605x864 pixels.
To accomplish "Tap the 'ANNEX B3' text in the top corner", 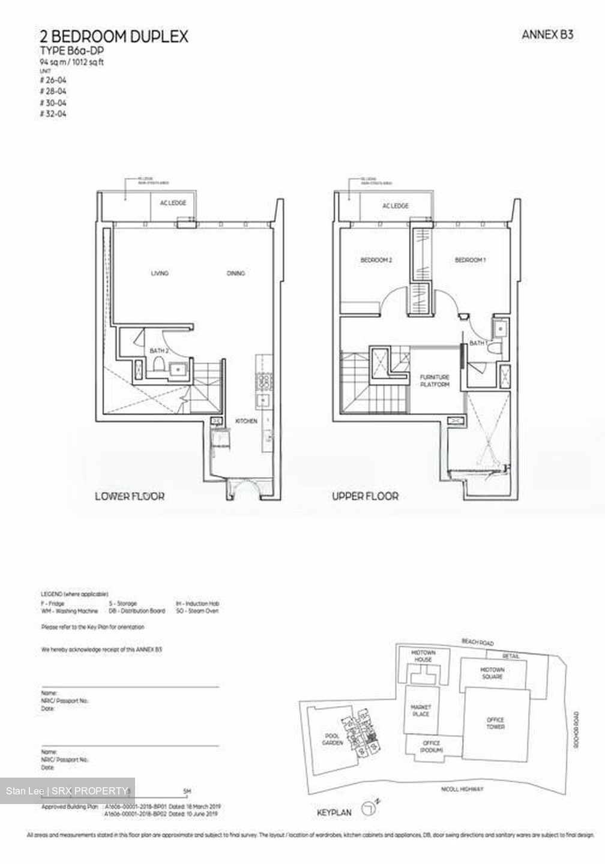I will pos(547,35).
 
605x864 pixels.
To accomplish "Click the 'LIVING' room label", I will pos(160,274).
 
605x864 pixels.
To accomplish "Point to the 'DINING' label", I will pos(236,274).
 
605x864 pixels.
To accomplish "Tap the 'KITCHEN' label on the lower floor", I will pos(246,421).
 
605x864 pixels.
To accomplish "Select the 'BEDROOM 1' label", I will pos(470,260).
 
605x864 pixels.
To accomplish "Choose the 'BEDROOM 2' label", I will pos(376,260).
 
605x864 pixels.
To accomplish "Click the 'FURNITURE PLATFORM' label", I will pos(435,380).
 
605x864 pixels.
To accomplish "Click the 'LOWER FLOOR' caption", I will pos(130,496).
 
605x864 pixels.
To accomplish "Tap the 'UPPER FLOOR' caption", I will pos(366,496).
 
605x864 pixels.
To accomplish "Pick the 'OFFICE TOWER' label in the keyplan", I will pos(496,723).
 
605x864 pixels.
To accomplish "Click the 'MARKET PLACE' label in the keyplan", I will pos(421,710).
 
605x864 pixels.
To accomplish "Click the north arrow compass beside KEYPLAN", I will pos(369,811).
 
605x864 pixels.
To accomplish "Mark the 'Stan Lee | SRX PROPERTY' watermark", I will pos(67,791).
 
